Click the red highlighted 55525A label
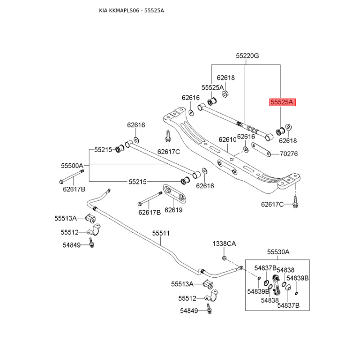[x=281, y=103]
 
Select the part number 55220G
[x=247, y=56]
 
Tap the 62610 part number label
[x=227, y=140]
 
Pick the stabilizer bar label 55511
[x=161, y=233]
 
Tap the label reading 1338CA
[x=224, y=243]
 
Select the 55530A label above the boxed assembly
[x=278, y=252]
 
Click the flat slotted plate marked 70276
[x=260, y=148]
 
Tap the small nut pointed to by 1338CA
[x=224, y=258]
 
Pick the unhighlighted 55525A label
[x=212, y=87]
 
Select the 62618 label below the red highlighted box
[x=288, y=140]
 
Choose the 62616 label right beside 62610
[x=246, y=136]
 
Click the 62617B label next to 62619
[x=149, y=212]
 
